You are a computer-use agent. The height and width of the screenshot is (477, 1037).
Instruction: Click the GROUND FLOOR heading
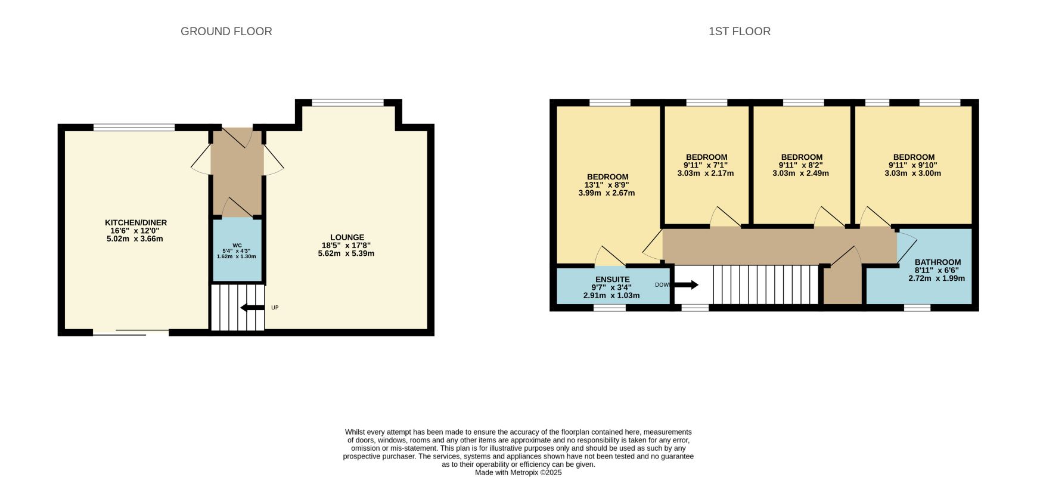click(x=226, y=32)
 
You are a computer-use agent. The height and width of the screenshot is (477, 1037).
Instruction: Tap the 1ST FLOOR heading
click(x=739, y=32)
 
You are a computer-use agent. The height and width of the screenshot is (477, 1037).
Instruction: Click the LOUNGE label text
click(x=347, y=237)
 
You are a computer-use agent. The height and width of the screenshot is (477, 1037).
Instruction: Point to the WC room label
click(x=237, y=245)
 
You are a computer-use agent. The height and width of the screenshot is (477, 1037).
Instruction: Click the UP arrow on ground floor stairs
click(x=252, y=308)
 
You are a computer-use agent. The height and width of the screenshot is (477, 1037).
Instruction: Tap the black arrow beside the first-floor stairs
click(x=686, y=285)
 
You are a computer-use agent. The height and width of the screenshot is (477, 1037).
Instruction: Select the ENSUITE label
click(x=612, y=280)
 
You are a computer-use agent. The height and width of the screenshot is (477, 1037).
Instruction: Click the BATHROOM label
click(x=937, y=262)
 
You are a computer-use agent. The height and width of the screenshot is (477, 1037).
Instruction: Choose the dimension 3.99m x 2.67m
click(x=607, y=193)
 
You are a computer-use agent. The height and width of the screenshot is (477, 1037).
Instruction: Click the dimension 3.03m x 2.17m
click(x=706, y=174)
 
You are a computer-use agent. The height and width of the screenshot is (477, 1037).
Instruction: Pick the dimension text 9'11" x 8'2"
click(x=802, y=166)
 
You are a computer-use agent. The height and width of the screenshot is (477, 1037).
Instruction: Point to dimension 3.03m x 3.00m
click(x=913, y=174)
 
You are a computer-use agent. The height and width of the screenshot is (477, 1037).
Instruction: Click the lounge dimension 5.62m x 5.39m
click(x=346, y=253)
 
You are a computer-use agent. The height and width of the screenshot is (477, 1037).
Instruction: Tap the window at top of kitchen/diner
click(x=134, y=127)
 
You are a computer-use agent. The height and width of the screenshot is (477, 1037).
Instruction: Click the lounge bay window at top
click(x=348, y=103)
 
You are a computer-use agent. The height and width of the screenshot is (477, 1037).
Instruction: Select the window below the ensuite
click(x=609, y=308)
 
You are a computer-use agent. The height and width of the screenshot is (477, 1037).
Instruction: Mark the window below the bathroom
click(x=917, y=308)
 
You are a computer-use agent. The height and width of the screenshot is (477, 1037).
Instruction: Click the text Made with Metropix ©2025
click(x=518, y=472)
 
